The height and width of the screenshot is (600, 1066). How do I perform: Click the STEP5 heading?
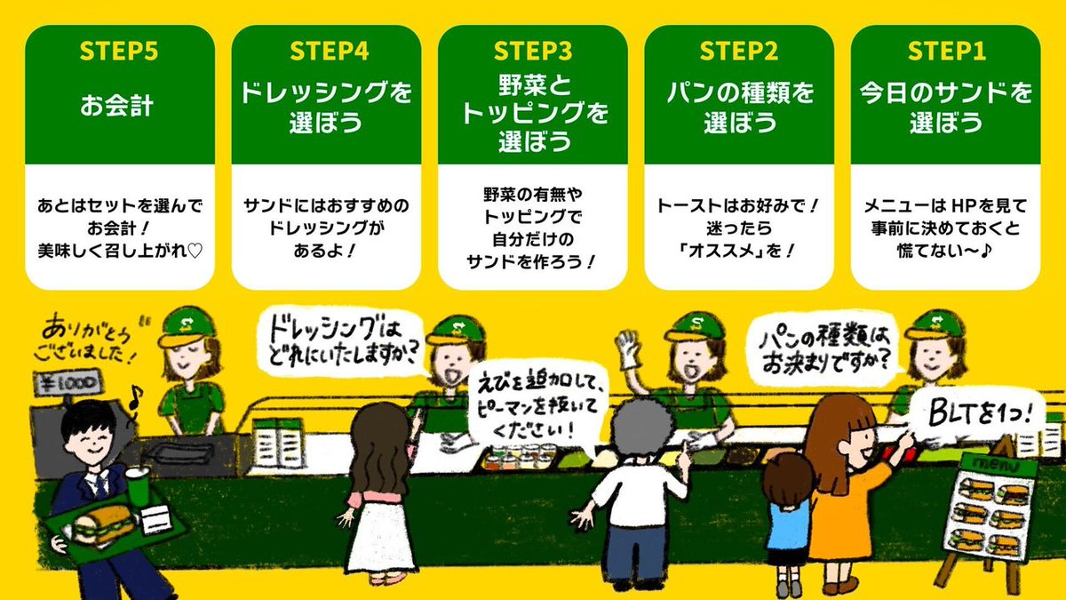coord(119,51)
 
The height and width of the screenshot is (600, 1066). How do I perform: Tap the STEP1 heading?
coord(945,51)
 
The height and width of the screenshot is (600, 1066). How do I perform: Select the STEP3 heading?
coord(532,51)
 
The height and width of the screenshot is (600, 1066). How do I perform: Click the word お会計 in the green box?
coord(119,107)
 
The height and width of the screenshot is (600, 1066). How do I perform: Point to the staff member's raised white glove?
coord(630,348)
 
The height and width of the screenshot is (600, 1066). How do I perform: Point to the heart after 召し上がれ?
coord(196,251)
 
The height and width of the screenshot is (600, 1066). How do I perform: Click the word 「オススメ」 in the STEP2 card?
coord(720,251)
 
